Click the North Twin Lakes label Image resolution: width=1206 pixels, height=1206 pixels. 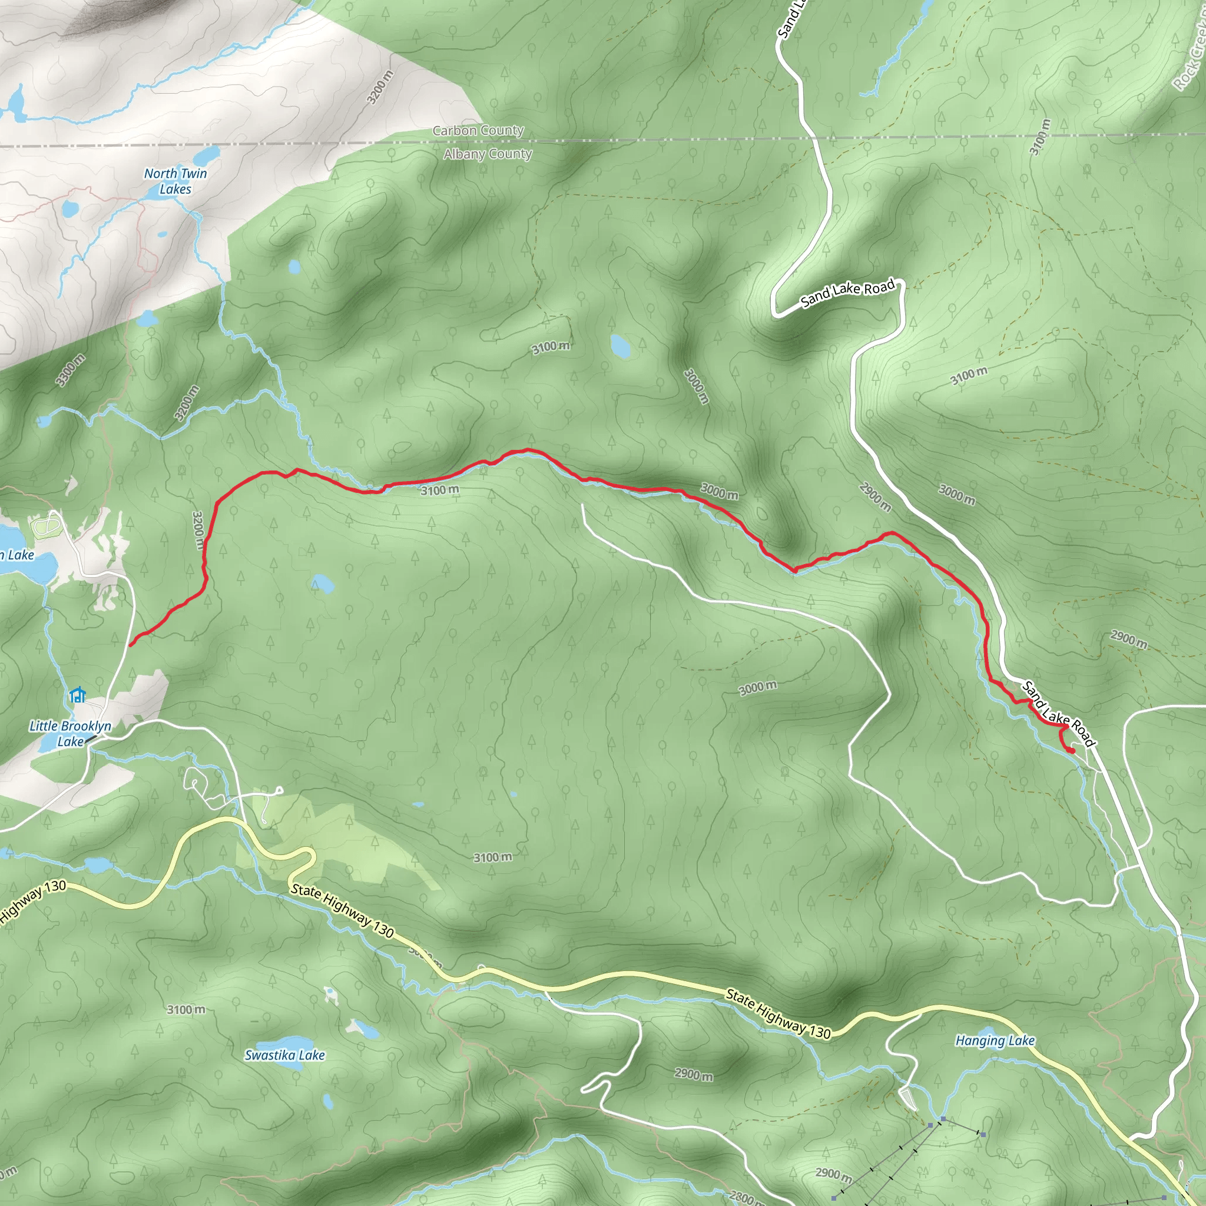point(175,181)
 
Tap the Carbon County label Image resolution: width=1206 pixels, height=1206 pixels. point(478,131)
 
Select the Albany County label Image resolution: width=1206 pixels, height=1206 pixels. point(488,154)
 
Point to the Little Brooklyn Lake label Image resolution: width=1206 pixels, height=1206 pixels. point(70,734)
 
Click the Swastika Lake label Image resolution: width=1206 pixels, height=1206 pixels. point(284,1055)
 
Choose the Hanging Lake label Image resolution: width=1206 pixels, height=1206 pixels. point(995,1041)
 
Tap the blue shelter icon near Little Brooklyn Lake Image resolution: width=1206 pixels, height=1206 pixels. point(77,695)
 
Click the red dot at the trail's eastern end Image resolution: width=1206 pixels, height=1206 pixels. point(1072,751)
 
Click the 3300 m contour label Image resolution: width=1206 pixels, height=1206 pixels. point(70,370)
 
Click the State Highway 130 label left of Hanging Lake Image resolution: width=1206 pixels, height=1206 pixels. point(778,1015)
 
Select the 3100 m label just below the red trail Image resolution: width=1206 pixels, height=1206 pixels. point(440,490)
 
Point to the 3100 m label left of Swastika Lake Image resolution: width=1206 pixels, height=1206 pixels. point(186,1009)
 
